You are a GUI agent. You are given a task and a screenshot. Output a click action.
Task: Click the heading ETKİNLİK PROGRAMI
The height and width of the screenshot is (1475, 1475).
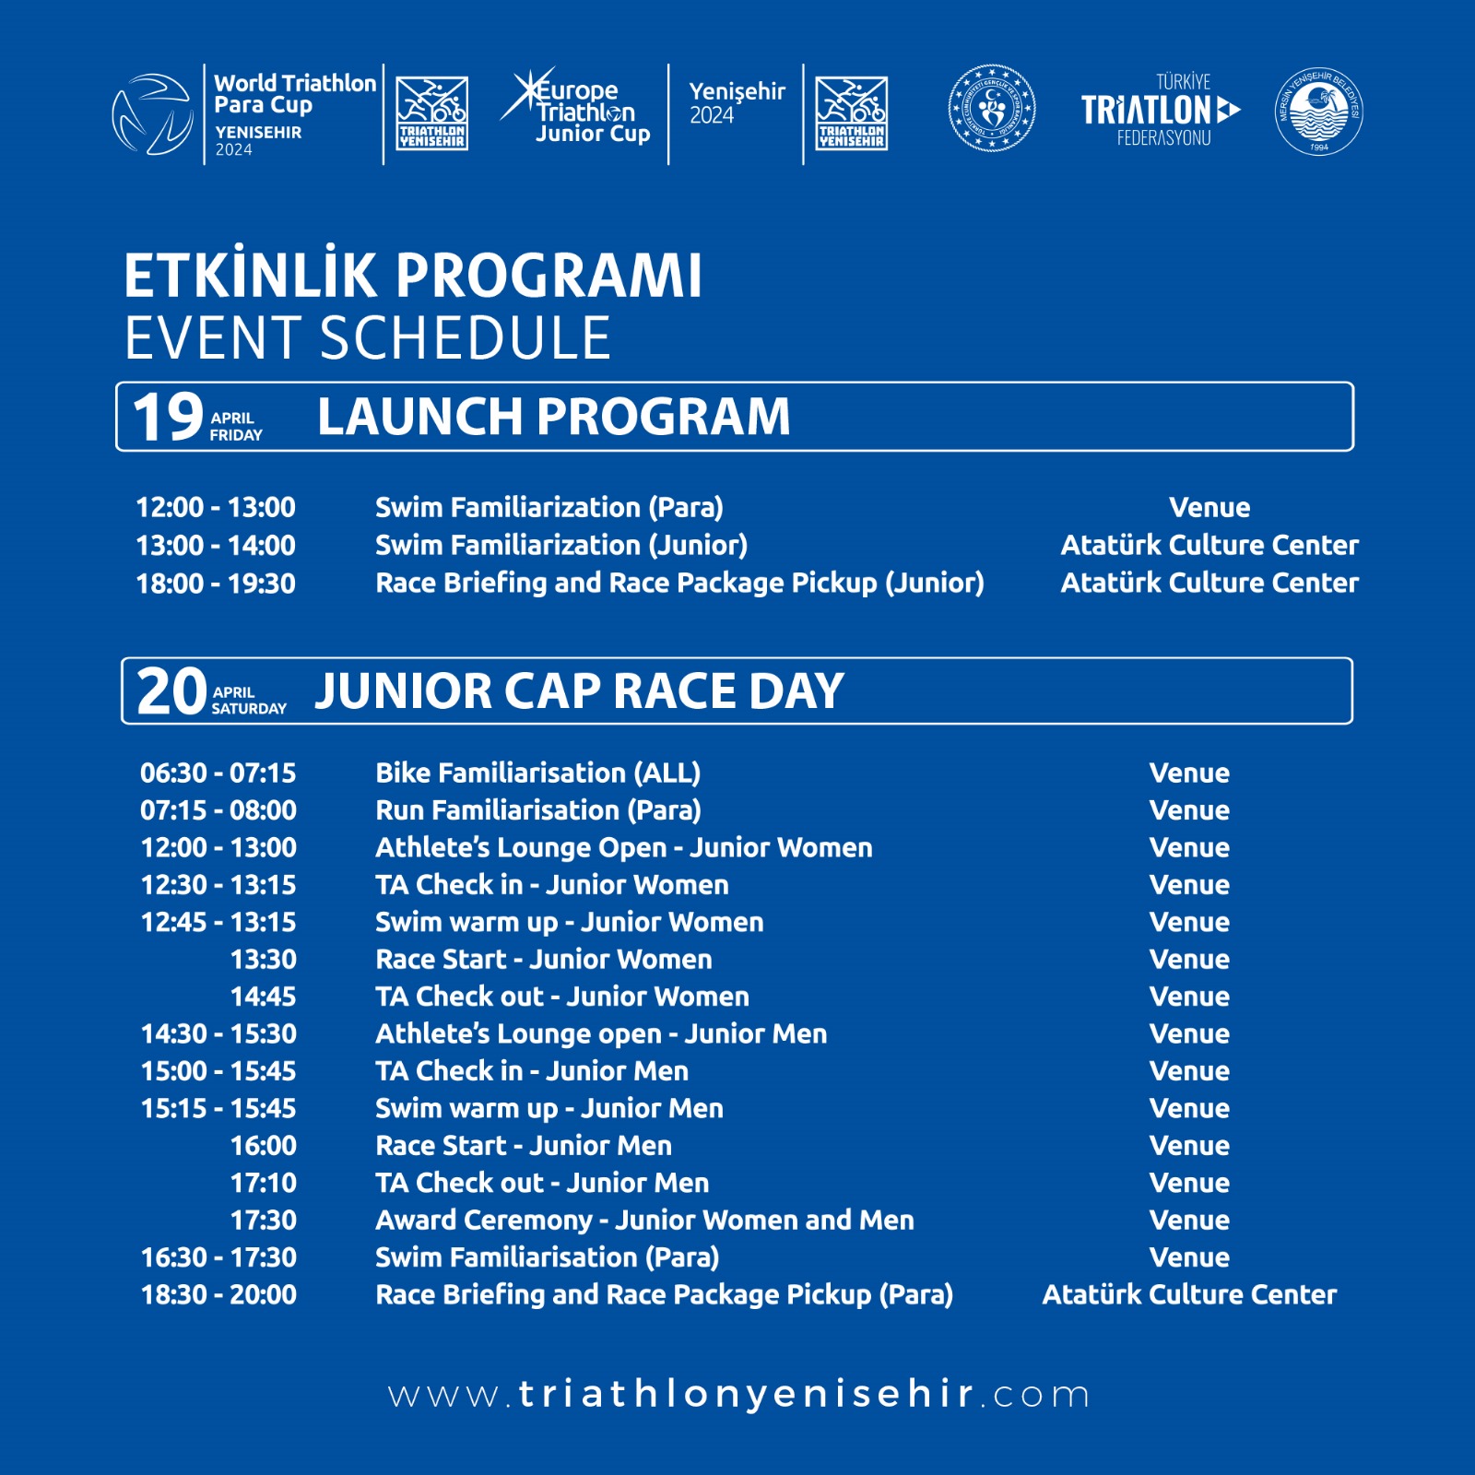[x=412, y=276]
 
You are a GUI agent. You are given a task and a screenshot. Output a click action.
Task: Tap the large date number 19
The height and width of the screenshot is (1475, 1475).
[x=167, y=417]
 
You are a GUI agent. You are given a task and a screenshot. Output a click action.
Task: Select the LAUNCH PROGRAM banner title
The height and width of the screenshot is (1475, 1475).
[x=553, y=417]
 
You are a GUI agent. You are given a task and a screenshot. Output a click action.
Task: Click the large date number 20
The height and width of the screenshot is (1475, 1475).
[x=171, y=691]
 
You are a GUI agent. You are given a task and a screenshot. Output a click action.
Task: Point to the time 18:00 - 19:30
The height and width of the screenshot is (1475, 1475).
[x=216, y=584]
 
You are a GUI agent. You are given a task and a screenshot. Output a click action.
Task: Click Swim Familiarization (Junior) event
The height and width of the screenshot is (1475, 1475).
[x=560, y=546]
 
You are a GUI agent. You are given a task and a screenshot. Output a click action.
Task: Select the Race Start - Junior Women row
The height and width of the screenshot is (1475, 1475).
[x=543, y=960]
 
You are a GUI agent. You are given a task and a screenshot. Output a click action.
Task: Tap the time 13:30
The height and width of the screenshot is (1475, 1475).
[x=264, y=960]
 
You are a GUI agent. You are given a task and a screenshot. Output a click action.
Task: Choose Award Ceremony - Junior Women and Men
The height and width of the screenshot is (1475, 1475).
[x=644, y=1221]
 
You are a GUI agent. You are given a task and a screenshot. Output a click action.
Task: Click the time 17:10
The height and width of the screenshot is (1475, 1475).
[x=264, y=1183]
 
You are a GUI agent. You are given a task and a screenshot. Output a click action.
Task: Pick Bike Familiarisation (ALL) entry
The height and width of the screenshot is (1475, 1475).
[x=537, y=773]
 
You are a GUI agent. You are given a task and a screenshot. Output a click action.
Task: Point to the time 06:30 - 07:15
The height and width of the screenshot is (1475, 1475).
[x=218, y=773]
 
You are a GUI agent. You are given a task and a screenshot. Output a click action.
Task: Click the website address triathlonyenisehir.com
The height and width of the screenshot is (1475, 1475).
[x=738, y=1394]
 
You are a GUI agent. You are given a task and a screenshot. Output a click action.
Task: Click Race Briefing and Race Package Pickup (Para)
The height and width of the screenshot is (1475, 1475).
[x=664, y=1295]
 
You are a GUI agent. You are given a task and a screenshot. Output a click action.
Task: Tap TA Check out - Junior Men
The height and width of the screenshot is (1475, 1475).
[x=542, y=1183]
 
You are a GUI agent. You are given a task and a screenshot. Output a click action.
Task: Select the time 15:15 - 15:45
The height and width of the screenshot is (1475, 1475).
[x=218, y=1109]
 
